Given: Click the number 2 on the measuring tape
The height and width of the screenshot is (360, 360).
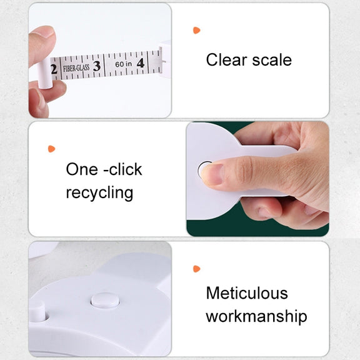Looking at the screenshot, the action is tap(54, 69).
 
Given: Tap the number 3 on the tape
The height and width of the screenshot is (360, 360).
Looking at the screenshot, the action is tap(97, 66).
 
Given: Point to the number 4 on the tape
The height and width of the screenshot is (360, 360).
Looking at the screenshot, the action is tap(141, 63).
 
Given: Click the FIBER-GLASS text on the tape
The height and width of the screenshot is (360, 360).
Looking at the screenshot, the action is tap(76, 68).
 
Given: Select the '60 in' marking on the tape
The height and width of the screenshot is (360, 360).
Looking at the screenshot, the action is tap(124, 64).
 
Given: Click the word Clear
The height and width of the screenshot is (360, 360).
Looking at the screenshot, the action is tap(226, 60).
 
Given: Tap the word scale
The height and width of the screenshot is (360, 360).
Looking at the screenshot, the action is tap(272, 60).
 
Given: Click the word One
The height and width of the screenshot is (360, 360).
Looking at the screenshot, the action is tap(82, 169).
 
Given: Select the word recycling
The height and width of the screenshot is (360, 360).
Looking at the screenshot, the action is tap(99, 193).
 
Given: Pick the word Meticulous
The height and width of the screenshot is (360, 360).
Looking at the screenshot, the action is tap(247, 293).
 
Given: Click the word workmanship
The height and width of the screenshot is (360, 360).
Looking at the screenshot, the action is tap(256, 316).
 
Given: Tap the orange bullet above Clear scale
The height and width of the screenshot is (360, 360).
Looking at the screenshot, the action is tap(196, 30).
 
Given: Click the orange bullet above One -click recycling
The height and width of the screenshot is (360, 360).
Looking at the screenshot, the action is tap(51, 149).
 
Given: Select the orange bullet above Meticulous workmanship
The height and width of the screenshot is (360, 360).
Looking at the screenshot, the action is tap(196, 269).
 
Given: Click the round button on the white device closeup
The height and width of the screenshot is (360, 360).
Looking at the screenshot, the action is tap(105, 300).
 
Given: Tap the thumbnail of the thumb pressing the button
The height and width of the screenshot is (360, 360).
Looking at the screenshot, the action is tap(212, 174).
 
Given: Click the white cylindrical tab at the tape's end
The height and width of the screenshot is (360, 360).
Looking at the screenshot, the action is tap(45, 74).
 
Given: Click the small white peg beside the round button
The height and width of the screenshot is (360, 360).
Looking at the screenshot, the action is tap(37, 311).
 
